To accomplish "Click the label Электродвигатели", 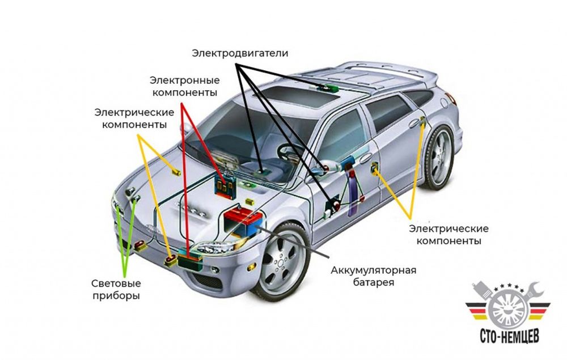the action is pyautogui.click(x=240, y=53).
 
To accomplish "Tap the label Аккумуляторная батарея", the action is pyautogui.click(x=374, y=276).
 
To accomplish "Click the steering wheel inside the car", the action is pyautogui.click(x=290, y=152).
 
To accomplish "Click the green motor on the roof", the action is pyautogui.click(x=328, y=88).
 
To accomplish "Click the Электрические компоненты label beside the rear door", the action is pyautogui.click(x=448, y=234).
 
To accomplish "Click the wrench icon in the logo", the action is pyautogui.click(x=536, y=295).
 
